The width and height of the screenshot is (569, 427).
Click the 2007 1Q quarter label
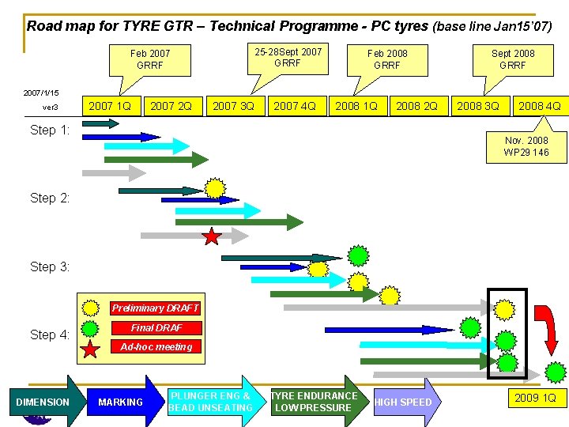tap(110, 105)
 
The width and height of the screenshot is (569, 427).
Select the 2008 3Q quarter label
tap(477, 105)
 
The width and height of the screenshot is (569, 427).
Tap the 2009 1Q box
tap(535, 398)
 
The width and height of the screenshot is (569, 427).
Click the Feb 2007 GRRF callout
tap(150, 59)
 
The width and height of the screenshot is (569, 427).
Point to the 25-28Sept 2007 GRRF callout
tap(288, 57)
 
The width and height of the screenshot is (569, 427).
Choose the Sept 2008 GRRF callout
tap(513, 59)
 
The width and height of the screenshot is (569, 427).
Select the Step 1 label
tap(50, 130)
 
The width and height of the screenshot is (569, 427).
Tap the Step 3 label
tap(50, 266)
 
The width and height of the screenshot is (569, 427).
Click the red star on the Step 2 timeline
tap(212, 236)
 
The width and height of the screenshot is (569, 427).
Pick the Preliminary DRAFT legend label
tap(155, 308)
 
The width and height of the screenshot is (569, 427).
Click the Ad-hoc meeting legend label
tap(156, 346)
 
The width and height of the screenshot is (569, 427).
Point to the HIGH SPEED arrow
tap(405, 402)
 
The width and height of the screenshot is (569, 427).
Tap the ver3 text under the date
tap(51, 108)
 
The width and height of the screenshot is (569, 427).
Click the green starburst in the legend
tap(91, 327)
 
